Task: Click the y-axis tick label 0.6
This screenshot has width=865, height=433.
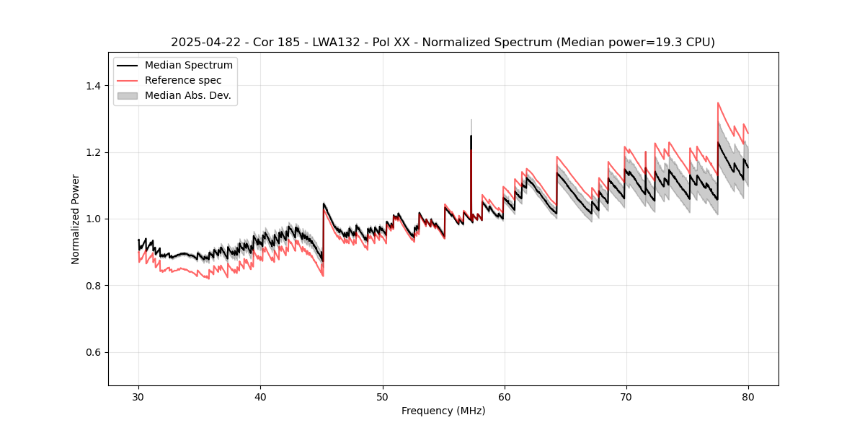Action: tap(93, 352)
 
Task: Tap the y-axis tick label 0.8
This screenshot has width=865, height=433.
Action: tap(93, 286)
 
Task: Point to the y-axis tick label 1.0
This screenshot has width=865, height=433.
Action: tap(93, 219)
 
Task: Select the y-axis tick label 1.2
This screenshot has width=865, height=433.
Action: tap(93, 152)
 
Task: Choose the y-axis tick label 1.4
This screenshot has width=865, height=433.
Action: tap(93, 86)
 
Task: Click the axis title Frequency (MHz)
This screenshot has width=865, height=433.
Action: tap(443, 411)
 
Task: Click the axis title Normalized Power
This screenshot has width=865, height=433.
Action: tap(76, 219)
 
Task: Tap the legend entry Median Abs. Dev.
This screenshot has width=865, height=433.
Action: tap(187, 95)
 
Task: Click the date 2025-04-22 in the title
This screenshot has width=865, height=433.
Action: tap(203, 43)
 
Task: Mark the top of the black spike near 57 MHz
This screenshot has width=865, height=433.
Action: tap(471, 136)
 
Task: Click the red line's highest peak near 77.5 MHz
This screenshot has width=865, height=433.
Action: tap(718, 102)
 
